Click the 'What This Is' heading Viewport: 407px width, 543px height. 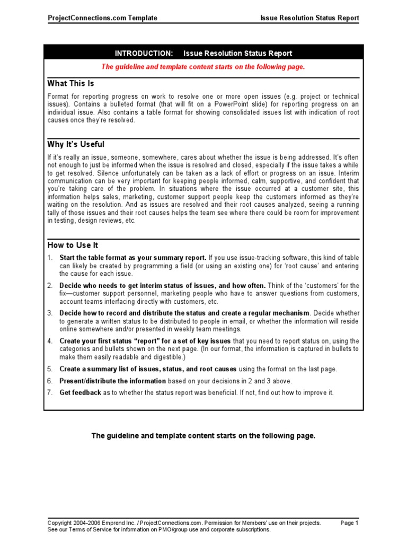(x=71, y=83)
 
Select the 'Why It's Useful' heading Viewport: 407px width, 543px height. (x=76, y=144)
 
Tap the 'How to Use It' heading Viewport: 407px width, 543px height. (x=73, y=246)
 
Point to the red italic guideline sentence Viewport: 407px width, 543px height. (x=203, y=67)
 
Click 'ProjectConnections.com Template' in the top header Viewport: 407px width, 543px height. (x=102, y=18)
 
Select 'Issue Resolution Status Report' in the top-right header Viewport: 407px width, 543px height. (x=309, y=18)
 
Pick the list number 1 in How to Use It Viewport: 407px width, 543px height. (x=49, y=258)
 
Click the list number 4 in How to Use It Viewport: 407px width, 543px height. (x=49, y=341)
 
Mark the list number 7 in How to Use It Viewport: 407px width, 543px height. (x=49, y=392)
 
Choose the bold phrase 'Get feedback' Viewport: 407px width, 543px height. (x=80, y=392)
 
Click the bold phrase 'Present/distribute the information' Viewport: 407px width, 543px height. (x=113, y=381)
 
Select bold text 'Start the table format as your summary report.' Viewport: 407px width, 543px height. (x=132, y=258)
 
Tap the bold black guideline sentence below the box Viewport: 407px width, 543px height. (x=203, y=436)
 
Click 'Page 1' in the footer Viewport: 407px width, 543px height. (x=349, y=523)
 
